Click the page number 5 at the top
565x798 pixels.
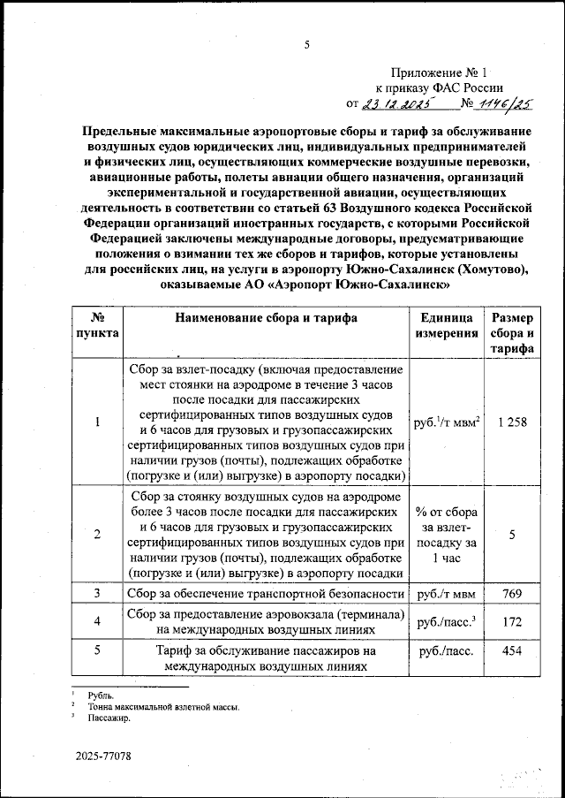[x=307, y=45]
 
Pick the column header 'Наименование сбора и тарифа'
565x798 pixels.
[x=266, y=319]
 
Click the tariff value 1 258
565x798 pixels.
[x=512, y=422]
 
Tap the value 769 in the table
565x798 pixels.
[x=512, y=594]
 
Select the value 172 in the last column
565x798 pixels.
[x=512, y=623]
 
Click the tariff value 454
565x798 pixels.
[x=512, y=652]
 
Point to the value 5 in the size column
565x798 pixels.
[x=512, y=534]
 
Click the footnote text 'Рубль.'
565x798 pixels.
[x=102, y=696]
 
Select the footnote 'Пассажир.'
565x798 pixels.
[x=108, y=718]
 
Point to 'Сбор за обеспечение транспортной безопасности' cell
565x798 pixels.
[x=266, y=594]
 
